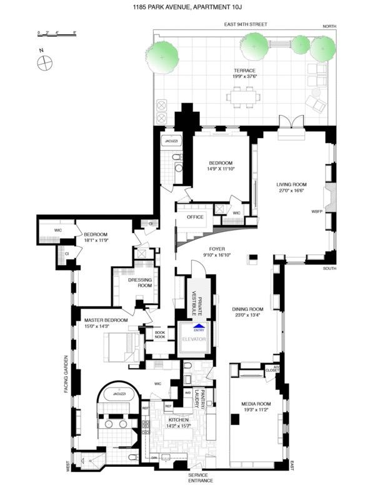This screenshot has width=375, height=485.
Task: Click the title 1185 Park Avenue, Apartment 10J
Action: coord(187,8)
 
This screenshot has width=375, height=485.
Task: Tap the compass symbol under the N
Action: coord(44,62)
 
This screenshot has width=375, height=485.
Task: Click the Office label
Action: coord(196,217)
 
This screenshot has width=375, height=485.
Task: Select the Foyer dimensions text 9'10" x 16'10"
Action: coord(216,255)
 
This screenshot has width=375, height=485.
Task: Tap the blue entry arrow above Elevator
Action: coord(198,326)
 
